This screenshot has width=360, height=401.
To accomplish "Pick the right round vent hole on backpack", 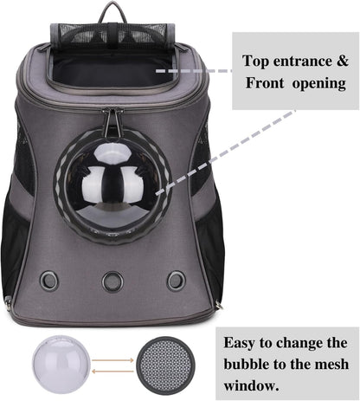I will [176, 280].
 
